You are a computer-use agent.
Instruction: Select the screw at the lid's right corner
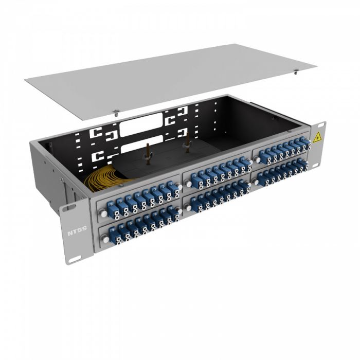pos(297,72)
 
